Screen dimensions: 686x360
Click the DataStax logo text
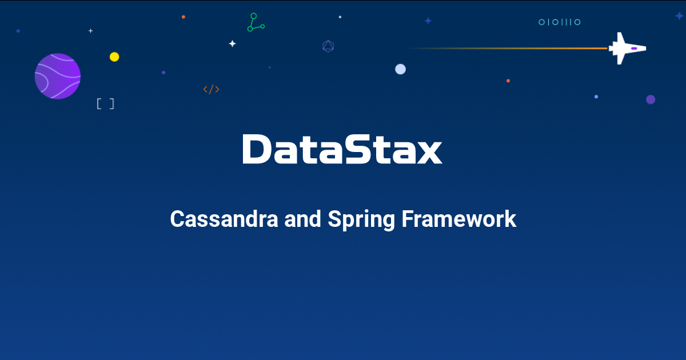342,149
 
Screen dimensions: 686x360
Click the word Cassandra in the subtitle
224,219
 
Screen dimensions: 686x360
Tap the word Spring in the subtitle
361,220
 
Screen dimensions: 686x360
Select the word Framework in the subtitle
458,219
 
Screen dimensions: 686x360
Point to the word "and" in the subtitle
302,219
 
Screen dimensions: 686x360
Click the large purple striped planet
58,76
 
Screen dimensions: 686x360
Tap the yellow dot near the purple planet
114,57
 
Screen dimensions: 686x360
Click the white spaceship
627,49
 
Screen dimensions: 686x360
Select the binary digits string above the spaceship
560,22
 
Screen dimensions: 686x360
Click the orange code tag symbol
212,89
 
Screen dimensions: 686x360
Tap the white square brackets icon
105,104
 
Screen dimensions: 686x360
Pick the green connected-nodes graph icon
256,22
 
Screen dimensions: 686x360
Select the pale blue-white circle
400,69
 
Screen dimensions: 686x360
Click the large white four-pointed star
233,44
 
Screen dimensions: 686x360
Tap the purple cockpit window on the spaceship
634,49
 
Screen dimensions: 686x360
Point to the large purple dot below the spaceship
651,99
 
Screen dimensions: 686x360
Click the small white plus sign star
91,31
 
